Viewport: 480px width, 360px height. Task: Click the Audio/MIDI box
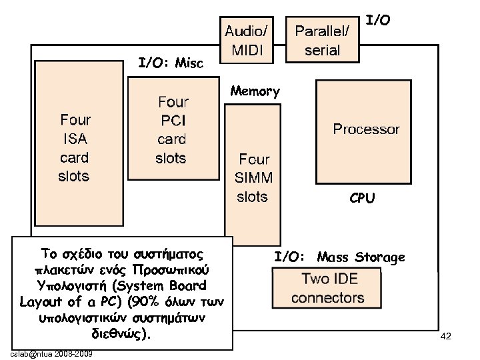pos(247,40)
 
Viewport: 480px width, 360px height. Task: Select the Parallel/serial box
pos(322,40)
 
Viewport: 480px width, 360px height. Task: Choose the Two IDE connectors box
pos(328,288)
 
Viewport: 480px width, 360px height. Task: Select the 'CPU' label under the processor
pos(362,198)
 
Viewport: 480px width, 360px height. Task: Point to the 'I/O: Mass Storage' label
pos(339,257)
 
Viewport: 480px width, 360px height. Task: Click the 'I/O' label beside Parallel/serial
pos(379,21)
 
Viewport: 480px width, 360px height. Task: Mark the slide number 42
pos(446,337)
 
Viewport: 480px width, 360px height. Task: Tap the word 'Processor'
pos(366,129)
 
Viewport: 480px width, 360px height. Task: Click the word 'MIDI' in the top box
pos(247,50)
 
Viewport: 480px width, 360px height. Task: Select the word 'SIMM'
pos(253,178)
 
